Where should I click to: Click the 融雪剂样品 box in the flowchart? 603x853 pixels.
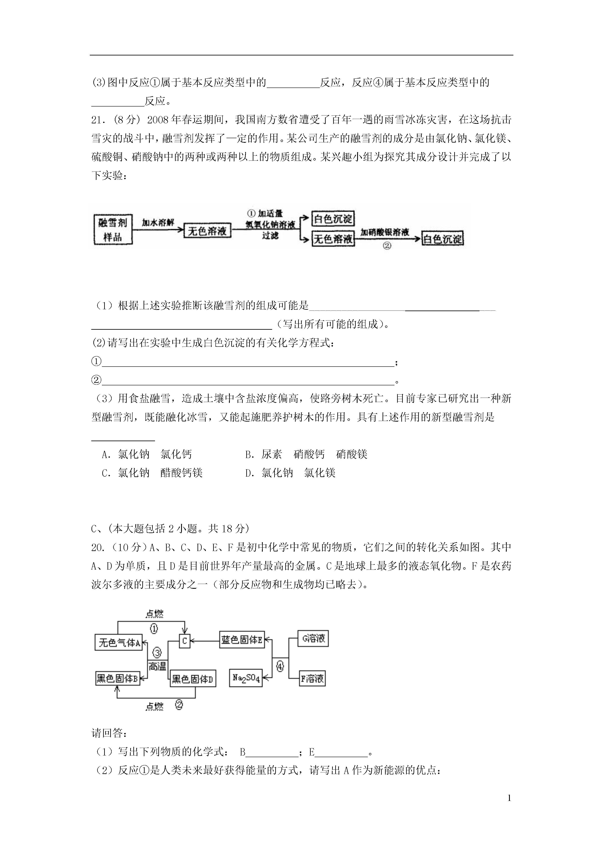[113, 230]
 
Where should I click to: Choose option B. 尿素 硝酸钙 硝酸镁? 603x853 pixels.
[306, 454]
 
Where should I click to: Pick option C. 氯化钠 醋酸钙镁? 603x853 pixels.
[152, 473]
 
